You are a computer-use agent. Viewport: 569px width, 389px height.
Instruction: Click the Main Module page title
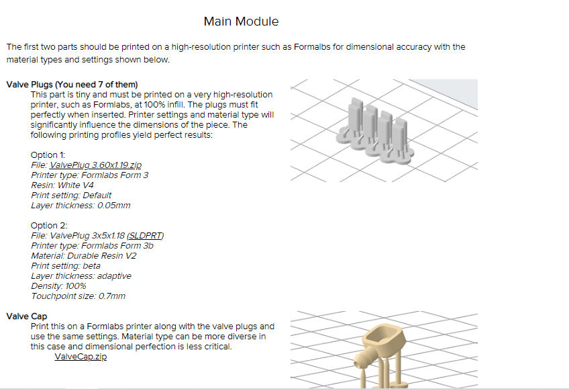[x=241, y=21]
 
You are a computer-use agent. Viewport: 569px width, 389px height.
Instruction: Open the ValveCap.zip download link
[x=81, y=357]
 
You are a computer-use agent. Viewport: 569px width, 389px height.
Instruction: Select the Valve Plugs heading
[x=72, y=85]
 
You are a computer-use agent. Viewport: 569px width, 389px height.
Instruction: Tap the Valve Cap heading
[x=26, y=316]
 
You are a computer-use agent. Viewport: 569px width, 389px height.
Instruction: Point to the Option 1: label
[x=53, y=155]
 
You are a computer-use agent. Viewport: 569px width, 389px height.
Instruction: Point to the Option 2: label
[x=54, y=225]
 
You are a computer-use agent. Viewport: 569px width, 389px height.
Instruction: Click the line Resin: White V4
[x=64, y=185]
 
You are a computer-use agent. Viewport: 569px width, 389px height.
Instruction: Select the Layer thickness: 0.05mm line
[x=81, y=205]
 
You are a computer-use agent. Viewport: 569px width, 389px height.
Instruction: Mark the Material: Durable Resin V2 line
[x=84, y=255]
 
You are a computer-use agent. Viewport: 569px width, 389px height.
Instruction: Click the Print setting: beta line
[x=66, y=265]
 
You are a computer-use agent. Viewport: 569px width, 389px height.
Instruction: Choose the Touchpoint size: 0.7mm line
[x=78, y=296]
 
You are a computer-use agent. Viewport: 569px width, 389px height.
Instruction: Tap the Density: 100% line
[x=58, y=286]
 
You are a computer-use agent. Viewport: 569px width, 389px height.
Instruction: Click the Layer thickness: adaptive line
[x=81, y=275]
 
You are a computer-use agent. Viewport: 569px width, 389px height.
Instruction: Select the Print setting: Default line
[x=71, y=195]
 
